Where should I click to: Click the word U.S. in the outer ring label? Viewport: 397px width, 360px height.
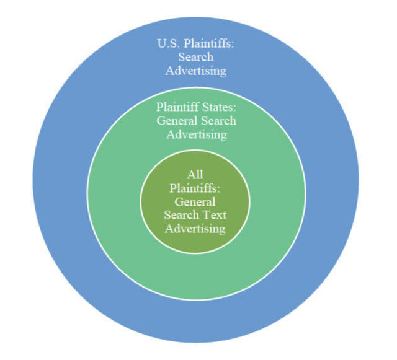pyautogui.click(x=166, y=45)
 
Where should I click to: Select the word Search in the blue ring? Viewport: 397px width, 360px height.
pyautogui.click(x=195, y=58)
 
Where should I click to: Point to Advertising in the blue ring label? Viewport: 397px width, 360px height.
pyautogui.click(x=195, y=71)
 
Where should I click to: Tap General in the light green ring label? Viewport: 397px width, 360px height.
pyautogui.click(x=176, y=121)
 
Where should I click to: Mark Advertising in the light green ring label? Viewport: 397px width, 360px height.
pyautogui.click(x=195, y=134)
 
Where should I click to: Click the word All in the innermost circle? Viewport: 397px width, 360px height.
pyautogui.click(x=195, y=175)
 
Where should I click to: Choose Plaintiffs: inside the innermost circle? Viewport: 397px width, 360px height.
pyautogui.click(x=195, y=188)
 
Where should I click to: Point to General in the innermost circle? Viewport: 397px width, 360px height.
pyautogui.click(x=195, y=202)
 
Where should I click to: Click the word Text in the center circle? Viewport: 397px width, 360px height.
pyautogui.click(x=214, y=216)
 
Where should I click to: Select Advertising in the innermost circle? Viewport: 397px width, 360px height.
pyautogui.click(x=195, y=229)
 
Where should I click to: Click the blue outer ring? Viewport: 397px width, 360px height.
pyautogui.click(x=62, y=180)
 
